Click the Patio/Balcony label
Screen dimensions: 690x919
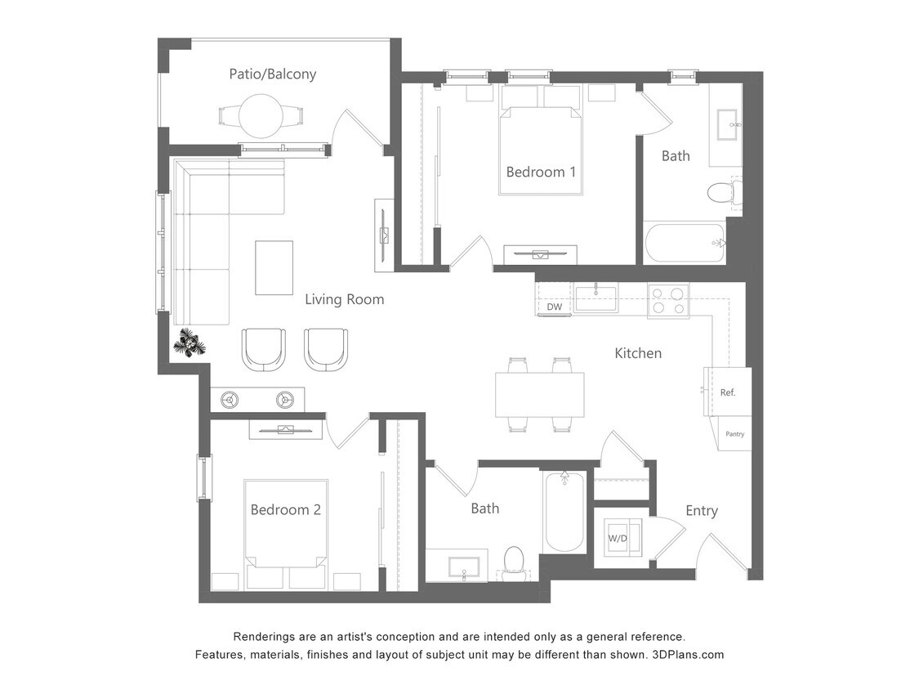click(x=272, y=74)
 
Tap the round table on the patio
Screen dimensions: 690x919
click(x=261, y=116)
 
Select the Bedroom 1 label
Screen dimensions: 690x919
click(x=541, y=172)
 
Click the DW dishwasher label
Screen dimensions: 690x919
click(x=554, y=307)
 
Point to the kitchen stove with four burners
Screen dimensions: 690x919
click(x=668, y=300)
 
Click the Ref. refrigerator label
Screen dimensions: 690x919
click(x=728, y=392)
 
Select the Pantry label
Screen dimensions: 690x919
click(x=734, y=434)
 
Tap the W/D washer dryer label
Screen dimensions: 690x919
click(x=618, y=539)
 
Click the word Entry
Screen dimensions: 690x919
click(x=701, y=511)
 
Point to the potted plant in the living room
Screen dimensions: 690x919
click(x=190, y=344)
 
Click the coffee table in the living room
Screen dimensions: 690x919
click(x=274, y=267)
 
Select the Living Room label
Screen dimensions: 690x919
click(x=344, y=299)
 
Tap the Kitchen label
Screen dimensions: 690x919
click(x=638, y=353)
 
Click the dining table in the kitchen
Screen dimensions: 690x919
click(x=540, y=394)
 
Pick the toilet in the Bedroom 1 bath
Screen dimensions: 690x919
click(x=721, y=193)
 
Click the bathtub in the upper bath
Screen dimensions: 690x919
click(x=684, y=243)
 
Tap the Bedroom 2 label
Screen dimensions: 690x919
click(x=285, y=510)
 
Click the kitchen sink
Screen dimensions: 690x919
click(x=596, y=298)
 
